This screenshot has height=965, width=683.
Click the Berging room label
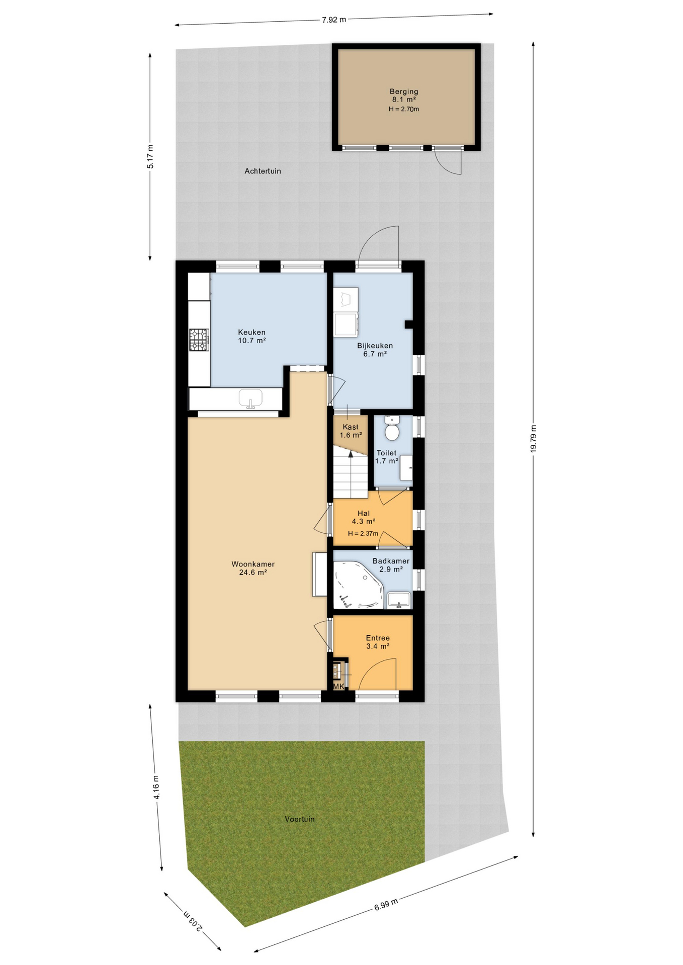point(404,91)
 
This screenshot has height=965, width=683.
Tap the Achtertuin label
point(263,171)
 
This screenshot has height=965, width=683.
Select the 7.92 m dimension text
point(334,20)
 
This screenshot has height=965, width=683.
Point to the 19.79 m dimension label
point(533,439)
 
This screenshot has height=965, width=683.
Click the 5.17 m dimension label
point(150,156)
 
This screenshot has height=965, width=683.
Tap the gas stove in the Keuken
point(199,339)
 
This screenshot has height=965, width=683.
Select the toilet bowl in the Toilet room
point(392,428)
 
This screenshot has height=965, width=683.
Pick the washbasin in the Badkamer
point(399,600)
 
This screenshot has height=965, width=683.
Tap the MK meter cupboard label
point(338,686)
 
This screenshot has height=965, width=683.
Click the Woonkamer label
point(253,564)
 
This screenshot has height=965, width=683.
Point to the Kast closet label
point(351,427)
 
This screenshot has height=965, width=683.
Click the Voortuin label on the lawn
point(300,819)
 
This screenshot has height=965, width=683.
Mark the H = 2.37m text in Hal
point(363,533)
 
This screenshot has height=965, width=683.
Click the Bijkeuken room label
point(375,346)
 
